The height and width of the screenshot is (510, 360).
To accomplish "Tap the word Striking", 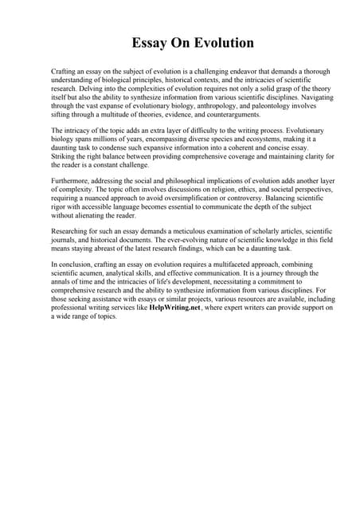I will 63,155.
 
